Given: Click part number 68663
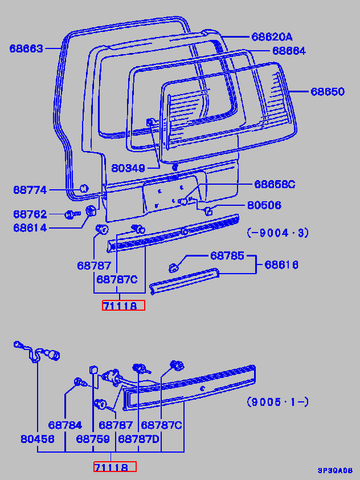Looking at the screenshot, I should click(26, 48).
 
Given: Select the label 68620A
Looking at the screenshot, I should click(272, 37).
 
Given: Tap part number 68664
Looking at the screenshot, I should click(289, 51).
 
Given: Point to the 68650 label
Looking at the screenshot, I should click(328, 91).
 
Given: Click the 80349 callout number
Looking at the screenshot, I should click(128, 168).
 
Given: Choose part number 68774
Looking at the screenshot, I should click(31, 190).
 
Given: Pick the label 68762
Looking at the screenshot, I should click(31, 214).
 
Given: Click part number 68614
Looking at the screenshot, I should click(31, 228).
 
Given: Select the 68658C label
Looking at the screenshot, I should click(275, 184).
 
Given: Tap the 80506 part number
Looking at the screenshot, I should click(264, 205).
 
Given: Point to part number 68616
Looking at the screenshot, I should click(281, 265).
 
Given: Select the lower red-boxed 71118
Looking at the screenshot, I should click(115, 467).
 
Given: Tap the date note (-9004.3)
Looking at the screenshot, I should click(277, 232).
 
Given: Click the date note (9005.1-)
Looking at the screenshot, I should click(277, 402).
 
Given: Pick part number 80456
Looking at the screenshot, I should click(38, 440).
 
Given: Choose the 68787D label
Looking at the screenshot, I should click(139, 440).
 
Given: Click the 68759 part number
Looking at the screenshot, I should click(93, 440).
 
